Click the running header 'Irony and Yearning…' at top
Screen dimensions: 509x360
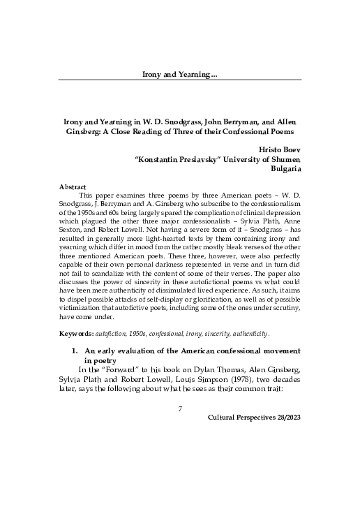coord(180,73)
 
